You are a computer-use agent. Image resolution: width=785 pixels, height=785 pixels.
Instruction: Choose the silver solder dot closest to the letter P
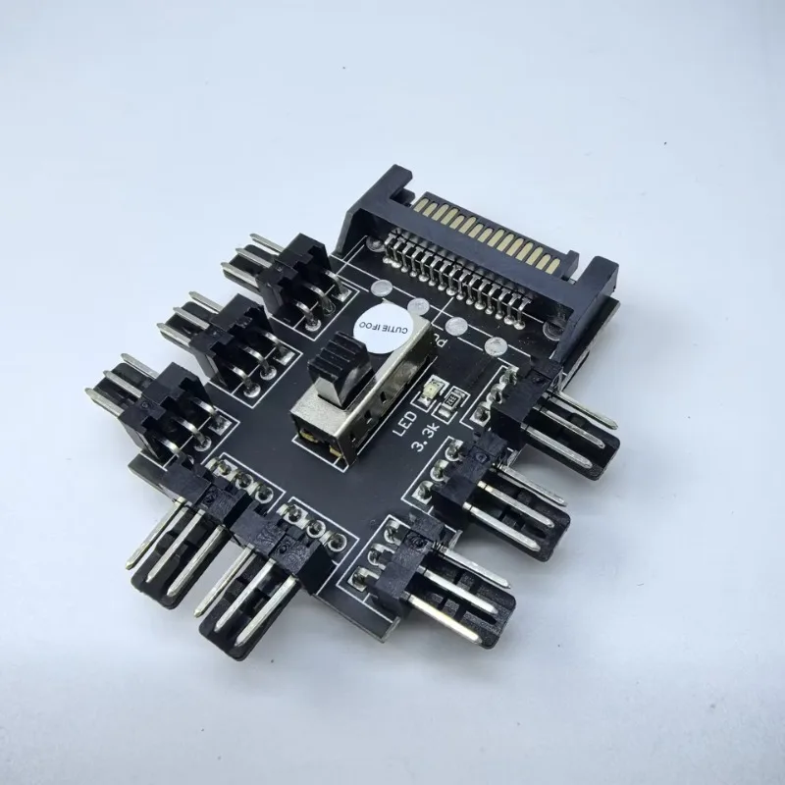pyautogui.click(x=454, y=328)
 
